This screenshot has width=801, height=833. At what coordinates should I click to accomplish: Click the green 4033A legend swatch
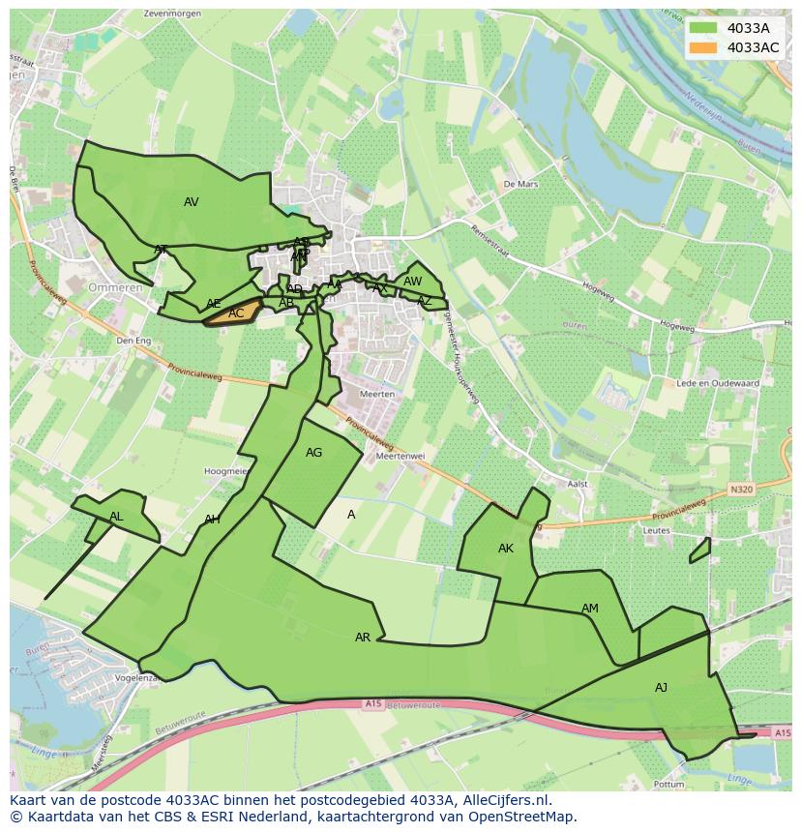pos(704,28)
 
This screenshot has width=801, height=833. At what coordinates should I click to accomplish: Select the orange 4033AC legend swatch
pos(704,47)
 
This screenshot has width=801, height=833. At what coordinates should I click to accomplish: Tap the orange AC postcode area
pos(236,313)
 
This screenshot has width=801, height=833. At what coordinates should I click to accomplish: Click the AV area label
pos(192,202)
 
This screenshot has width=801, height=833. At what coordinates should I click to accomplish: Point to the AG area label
pos(313,453)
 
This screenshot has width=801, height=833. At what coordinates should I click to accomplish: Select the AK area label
pos(506,549)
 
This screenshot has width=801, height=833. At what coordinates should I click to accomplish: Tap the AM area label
pos(590,609)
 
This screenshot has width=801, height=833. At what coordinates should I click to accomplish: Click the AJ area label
pos(662,688)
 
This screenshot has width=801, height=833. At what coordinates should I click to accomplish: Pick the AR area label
pos(363,638)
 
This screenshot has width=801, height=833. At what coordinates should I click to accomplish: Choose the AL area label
pos(116,517)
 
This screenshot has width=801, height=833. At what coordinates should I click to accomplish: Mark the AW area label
pos(413,282)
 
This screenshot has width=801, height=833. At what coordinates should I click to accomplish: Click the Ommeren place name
pos(115,287)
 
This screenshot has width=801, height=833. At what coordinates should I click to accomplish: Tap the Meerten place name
pos(376,394)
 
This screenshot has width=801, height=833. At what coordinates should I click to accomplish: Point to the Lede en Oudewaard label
pos(718,384)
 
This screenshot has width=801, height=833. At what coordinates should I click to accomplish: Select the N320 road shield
pos(741,490)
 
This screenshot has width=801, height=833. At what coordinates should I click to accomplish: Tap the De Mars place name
pos(519,183)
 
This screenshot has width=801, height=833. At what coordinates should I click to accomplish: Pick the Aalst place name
pos(578,484)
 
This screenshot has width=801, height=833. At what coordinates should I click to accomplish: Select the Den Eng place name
pos(133,341)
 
